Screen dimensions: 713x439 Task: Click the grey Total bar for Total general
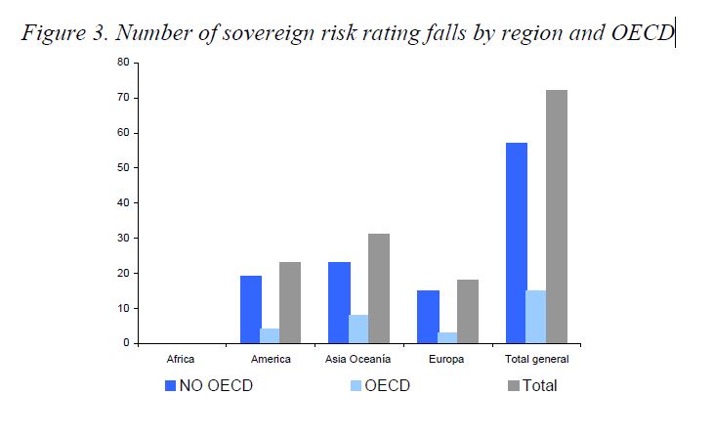pos(557,217)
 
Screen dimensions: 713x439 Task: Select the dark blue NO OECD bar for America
pos(251,310)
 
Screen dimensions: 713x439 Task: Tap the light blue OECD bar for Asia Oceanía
pos(358,329)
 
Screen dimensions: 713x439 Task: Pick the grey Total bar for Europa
pos(468,312)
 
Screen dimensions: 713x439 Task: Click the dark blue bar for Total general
pos(517,243)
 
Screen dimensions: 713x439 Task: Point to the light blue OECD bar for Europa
pos(447,338)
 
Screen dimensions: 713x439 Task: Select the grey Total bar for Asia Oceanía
pos(379,288)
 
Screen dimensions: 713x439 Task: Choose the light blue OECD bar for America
pos(270,336)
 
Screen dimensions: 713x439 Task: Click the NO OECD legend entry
pos(209,386)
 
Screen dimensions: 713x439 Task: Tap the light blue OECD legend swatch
pos(356,386)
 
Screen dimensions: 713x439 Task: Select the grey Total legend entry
pos(532,386)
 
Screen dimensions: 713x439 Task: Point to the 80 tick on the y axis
pos(136,63)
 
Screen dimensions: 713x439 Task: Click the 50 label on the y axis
pos(123,167)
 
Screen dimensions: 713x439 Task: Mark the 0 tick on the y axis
pos(136,343)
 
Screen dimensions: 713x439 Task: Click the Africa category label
pos(181,359)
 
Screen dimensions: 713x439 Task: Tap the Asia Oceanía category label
pos(357,359)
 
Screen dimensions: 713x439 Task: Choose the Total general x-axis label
pos(537,359)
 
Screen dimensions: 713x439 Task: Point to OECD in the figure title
pos(643,32)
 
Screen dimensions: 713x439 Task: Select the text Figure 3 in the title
pos(64,33)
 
